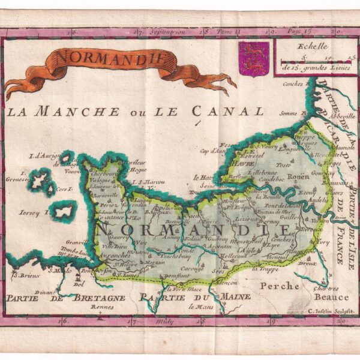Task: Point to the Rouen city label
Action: tap(298, 177)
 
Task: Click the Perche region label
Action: tap(274, 286)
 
